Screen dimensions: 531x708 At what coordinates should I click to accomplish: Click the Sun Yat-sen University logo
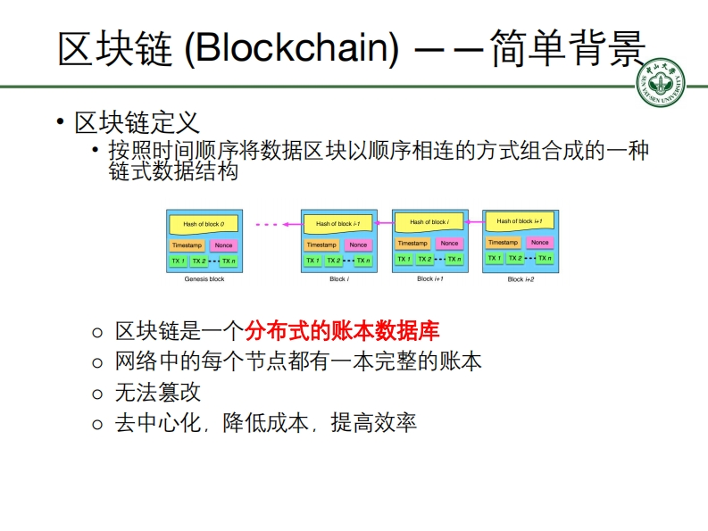pos(661,86)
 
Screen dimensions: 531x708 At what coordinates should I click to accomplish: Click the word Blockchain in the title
pos(291,49)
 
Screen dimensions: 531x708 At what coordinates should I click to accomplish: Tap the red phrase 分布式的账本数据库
pos(342,332)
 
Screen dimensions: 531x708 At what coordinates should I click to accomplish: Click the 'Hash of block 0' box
pos(204,224)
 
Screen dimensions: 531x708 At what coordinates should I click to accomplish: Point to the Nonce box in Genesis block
pos(223,245)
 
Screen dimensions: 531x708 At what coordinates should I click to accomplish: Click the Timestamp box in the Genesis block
pos(186,245)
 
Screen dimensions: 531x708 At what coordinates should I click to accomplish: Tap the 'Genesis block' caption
pos(204,279)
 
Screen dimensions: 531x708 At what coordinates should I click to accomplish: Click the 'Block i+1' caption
pos(429,278)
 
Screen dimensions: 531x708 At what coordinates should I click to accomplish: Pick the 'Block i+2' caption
pos(521,279)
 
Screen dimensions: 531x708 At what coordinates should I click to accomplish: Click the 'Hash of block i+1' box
pos(520,221)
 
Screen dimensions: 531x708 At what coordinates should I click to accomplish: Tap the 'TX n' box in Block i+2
pos(543,259)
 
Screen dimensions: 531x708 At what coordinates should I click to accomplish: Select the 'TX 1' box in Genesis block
pos(178,261)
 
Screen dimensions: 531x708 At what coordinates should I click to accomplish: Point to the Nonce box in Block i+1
pos(449,243)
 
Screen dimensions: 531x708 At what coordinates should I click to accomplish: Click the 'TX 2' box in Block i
pos(334,261)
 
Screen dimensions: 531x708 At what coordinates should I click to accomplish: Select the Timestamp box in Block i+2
pos(503,242)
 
